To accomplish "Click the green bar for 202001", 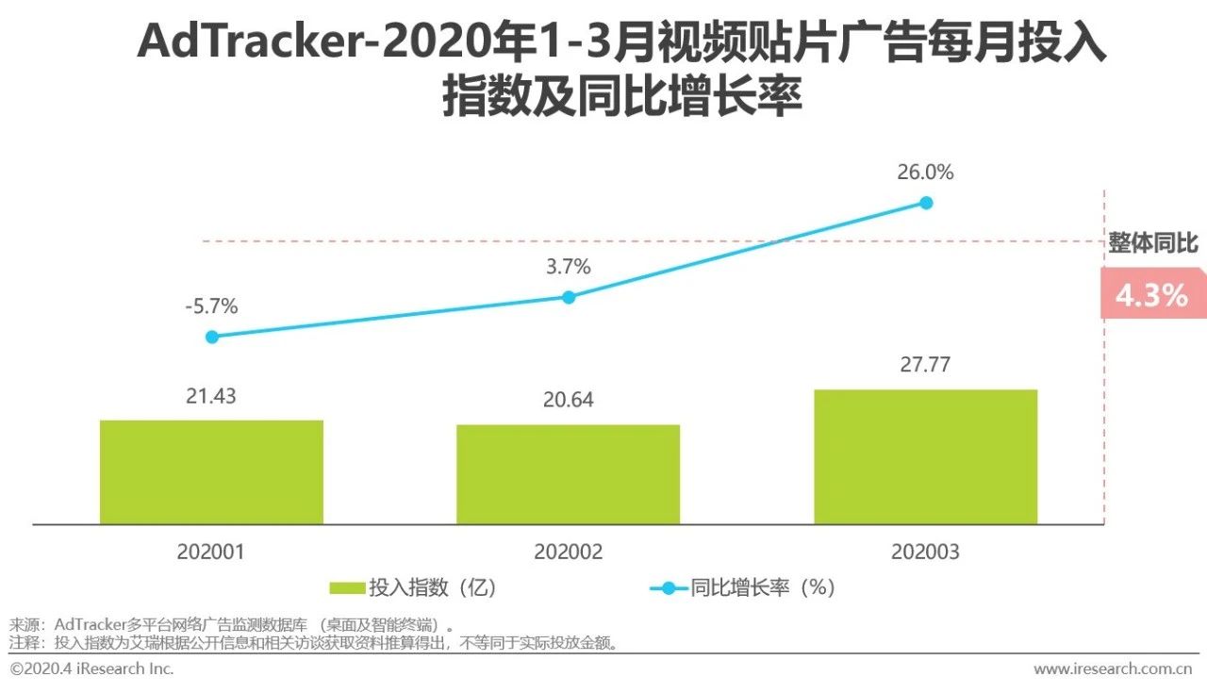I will click(x=211, y=471).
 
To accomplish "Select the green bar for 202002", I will click(x=568, y=474).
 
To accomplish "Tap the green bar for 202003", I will click(x=925, y=456).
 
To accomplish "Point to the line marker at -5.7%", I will click(x=211, y=337).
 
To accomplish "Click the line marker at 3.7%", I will click(x=569, y=297).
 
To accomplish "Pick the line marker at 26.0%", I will click(x=926, y=203).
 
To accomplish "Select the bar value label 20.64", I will click(x=569, y=400).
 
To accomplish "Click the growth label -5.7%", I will click(x=211, y=306).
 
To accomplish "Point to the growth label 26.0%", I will click(x=925, y=173).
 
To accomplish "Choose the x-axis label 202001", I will click(x=210, y=552).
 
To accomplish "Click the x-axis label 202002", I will click(x=568, y=552).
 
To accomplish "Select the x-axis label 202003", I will click(x=925, y=552).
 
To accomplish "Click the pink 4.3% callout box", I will click(x=1152, y=295).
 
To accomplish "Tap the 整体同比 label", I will click(x=1153, y=243).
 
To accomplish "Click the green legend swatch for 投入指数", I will click(x=346, y=588).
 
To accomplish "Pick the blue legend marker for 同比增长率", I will click(x=669, y=588).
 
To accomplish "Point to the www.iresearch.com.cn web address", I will click(x=1113, y=668).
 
